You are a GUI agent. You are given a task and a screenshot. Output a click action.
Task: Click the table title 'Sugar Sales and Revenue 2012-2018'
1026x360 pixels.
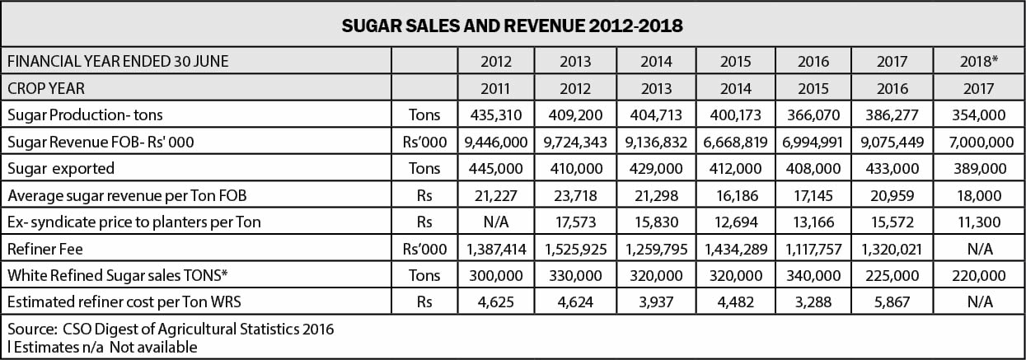(513, 25)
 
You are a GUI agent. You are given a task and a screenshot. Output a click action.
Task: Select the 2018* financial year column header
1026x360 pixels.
(978, 61)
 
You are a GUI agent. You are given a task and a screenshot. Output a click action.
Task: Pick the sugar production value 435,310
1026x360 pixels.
(495, 115)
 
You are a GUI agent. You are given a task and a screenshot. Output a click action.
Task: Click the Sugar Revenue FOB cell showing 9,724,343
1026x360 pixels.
(574, 142)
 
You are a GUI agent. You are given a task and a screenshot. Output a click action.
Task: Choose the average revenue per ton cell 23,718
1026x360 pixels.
(574, 195)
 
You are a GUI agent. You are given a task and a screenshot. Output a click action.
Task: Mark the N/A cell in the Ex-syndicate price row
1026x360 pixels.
(495, 222)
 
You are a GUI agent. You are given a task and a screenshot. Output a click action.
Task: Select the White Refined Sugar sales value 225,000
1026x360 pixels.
(893, 275)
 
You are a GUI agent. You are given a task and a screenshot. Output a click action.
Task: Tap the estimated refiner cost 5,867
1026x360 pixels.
(893, 302)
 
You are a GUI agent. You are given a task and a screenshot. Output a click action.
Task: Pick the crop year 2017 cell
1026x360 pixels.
(978, 87)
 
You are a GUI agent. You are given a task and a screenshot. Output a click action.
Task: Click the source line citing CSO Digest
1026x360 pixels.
(170, 330)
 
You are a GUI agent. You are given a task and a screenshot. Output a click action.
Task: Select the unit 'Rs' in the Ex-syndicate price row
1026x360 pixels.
(424, 222)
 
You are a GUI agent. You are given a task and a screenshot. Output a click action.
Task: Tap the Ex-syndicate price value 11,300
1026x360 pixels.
(978, 222)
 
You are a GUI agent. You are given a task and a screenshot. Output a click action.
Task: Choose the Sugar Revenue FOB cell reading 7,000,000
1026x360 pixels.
(978, 142)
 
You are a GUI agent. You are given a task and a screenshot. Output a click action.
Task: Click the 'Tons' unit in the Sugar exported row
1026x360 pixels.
(424, 168)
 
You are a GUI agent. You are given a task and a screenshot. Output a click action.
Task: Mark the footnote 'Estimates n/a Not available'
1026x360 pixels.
(102, 347)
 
